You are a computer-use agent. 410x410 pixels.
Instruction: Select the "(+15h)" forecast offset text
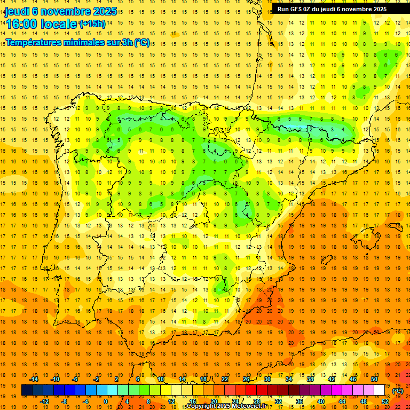92,23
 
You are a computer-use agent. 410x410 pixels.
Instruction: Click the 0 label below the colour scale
106,401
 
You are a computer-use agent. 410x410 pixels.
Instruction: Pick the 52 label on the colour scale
385,401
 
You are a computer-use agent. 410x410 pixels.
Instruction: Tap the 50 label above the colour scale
374,379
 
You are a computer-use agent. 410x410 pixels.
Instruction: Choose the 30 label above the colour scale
267,379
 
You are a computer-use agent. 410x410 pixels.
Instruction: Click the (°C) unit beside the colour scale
398,390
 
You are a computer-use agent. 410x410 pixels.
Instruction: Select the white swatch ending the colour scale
380,390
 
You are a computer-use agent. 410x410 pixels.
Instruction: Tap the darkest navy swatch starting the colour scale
27,390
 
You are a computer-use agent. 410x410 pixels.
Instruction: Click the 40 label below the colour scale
321,401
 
